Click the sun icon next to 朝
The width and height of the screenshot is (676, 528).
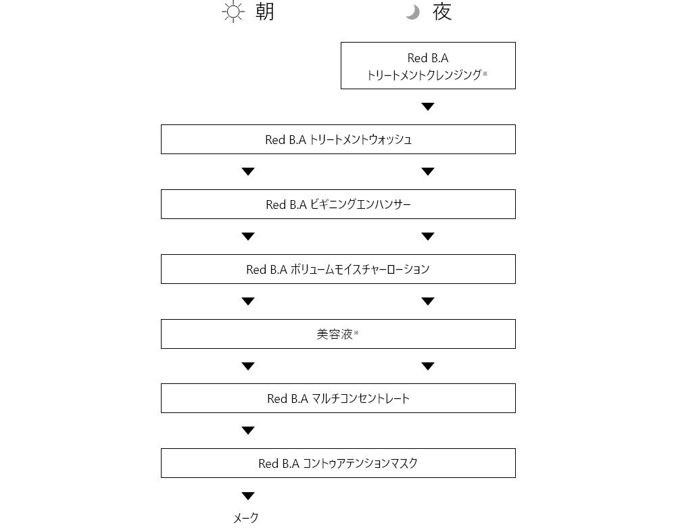click(x=233, y=11)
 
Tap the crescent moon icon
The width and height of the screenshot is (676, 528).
click(x=414, y=12)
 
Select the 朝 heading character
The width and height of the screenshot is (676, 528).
click(x=265, y=11)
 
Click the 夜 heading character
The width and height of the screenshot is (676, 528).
click(x=442, y=11)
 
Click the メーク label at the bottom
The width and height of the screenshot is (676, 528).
click(x=246, y=518)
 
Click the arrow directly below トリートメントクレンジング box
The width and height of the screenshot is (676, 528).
click(x=428, y=106)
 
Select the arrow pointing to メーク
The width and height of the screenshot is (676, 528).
click(x=248, y=496)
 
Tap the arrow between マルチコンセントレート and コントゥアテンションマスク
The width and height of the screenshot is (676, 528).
click(x=248, y=430)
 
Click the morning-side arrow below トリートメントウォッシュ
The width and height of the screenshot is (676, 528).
click(x=248, y=172)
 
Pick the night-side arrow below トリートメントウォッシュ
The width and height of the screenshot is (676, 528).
click(x=428, y=172)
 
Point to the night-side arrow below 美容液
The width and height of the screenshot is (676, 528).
click(x=428, y=366)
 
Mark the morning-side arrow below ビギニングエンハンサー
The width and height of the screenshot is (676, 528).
click(x=248, y=236)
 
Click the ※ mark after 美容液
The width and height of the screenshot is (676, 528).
click(x=356, y=333)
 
